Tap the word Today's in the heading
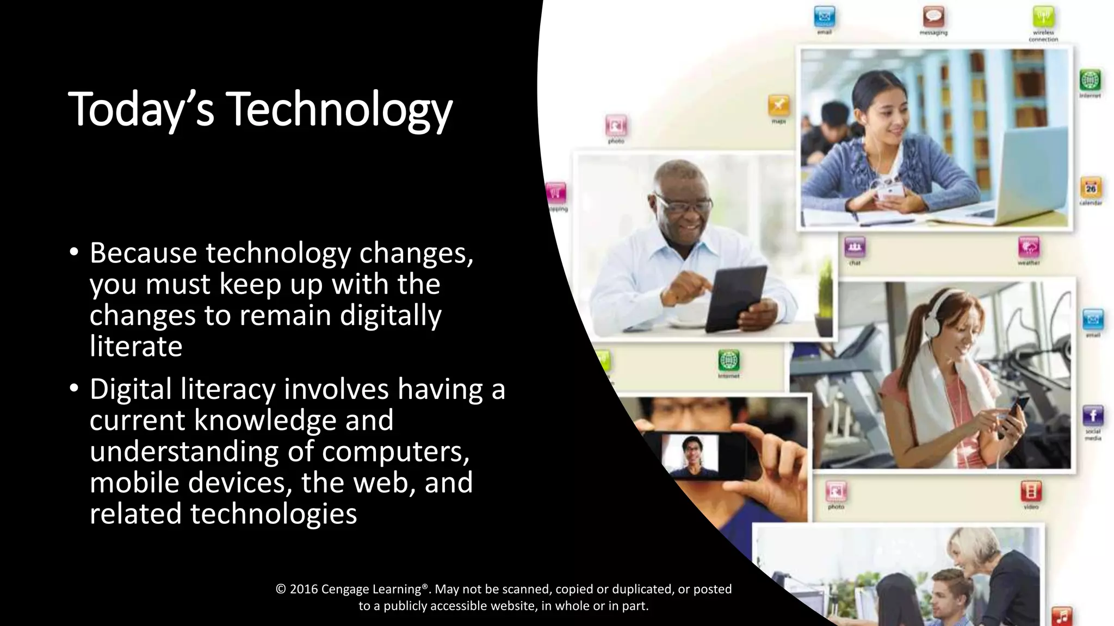click(x=141, y=110)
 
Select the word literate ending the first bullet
click(x=136, y=347)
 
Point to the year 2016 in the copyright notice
click(x=304, y=589)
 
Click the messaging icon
click(x=933, y=17)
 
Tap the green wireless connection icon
click(x=1043, y=17)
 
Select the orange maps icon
click(x=778, y=105)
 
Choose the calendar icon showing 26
click(x=1091, y=188)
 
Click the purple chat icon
click(x=855, y=248)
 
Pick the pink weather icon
click(x=1028, y=248)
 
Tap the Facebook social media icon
click(x=1093, y=416)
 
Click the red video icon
click(x=1031, y=491)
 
